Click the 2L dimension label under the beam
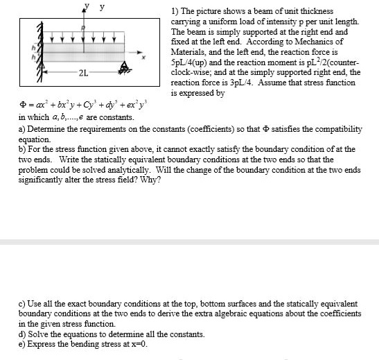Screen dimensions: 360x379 82,72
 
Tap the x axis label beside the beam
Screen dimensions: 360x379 146,58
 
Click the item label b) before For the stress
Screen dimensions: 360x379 21,148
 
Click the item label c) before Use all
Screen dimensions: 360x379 21,304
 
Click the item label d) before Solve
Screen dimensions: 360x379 21,334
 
